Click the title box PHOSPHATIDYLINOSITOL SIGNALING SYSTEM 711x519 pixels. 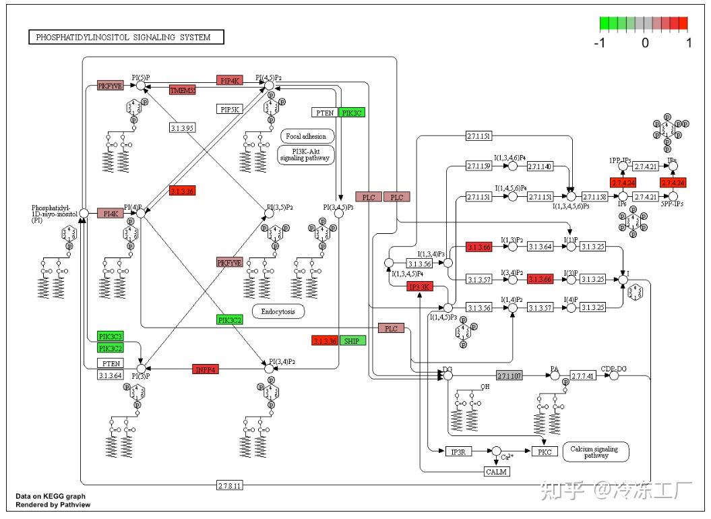point(126,38)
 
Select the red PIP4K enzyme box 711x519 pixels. point(229,80)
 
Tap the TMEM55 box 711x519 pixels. point(183,90)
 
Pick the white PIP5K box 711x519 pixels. point(229,109)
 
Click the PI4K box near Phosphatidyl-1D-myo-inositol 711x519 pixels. point(110,213)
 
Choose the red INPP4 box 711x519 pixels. point(206,369)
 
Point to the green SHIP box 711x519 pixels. point(353,340)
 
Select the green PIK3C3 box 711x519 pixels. point(111,336)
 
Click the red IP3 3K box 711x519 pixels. point(419,287)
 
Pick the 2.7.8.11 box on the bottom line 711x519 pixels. point(230,485)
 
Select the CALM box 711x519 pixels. point(497,471)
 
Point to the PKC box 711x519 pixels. point(545,451)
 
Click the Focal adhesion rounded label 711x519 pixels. point(306,136)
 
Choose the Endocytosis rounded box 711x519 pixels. point(278,311)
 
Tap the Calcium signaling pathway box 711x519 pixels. point(596,451)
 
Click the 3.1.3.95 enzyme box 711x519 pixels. point(183,127)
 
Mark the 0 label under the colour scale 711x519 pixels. point(645,43)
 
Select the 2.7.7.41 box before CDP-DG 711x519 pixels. point(583,375)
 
